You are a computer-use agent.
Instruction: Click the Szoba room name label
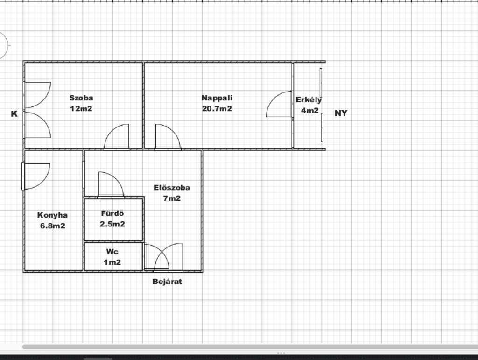point(81,98)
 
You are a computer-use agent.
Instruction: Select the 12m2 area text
point(81,108)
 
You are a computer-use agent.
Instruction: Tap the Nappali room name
point(217,98)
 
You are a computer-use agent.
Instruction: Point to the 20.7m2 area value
point(217,108)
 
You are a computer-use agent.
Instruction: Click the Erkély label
point(309,100)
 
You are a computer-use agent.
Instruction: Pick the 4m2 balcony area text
point(310,110)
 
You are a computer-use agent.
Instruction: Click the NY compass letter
point(341,113)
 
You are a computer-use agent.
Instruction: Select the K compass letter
point(14,114)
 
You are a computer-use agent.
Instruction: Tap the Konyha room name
point(52,215)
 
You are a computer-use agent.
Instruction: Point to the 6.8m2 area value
point(53,226)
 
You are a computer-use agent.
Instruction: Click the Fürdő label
point(112,213)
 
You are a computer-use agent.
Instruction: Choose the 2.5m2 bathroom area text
point(112,224)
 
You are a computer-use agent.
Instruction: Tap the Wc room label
point(112,252)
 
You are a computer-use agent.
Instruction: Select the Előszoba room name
point(172,187)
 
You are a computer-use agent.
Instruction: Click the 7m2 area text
point(172,198)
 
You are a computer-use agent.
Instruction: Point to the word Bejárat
point(167,282)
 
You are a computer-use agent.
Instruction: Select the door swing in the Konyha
point(36,176)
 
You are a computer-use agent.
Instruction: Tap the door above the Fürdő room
point(111,185)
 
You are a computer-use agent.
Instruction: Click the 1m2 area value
point(112,262)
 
